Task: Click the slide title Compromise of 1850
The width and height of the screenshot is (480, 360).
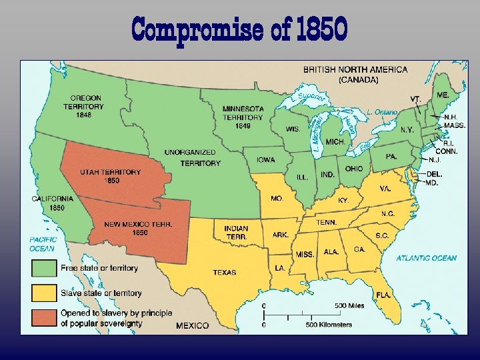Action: (x=239, y=29)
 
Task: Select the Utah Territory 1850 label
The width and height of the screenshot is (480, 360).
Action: (x=110, y=175)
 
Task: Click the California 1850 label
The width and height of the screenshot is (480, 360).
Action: (x=53, y=203)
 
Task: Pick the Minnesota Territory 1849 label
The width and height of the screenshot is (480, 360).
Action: (x=243, y=117)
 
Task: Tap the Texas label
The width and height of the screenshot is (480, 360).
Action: (x=224, y=272)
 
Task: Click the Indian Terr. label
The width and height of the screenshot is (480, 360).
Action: (x=236, y=233)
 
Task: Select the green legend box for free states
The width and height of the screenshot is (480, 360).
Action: (x=43, y=268)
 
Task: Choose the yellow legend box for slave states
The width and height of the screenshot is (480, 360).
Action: (x=43, y=293)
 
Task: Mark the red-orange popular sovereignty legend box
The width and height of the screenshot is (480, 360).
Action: (x=43, y=318)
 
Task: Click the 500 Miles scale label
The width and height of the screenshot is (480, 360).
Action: (x=349, y=306)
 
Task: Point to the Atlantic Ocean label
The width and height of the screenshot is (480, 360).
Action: (x=427, y=258)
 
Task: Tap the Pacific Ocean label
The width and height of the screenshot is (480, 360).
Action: (x=42, y=244)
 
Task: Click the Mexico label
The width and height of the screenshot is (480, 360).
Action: (x=192, y=325)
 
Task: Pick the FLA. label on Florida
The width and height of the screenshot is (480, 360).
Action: (x=383, y=294)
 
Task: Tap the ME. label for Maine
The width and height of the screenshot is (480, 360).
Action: (x=442, y=95)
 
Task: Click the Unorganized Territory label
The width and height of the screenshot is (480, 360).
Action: (x=192, y=158)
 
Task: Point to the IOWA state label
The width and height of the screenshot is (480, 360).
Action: (x=265, y=160)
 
